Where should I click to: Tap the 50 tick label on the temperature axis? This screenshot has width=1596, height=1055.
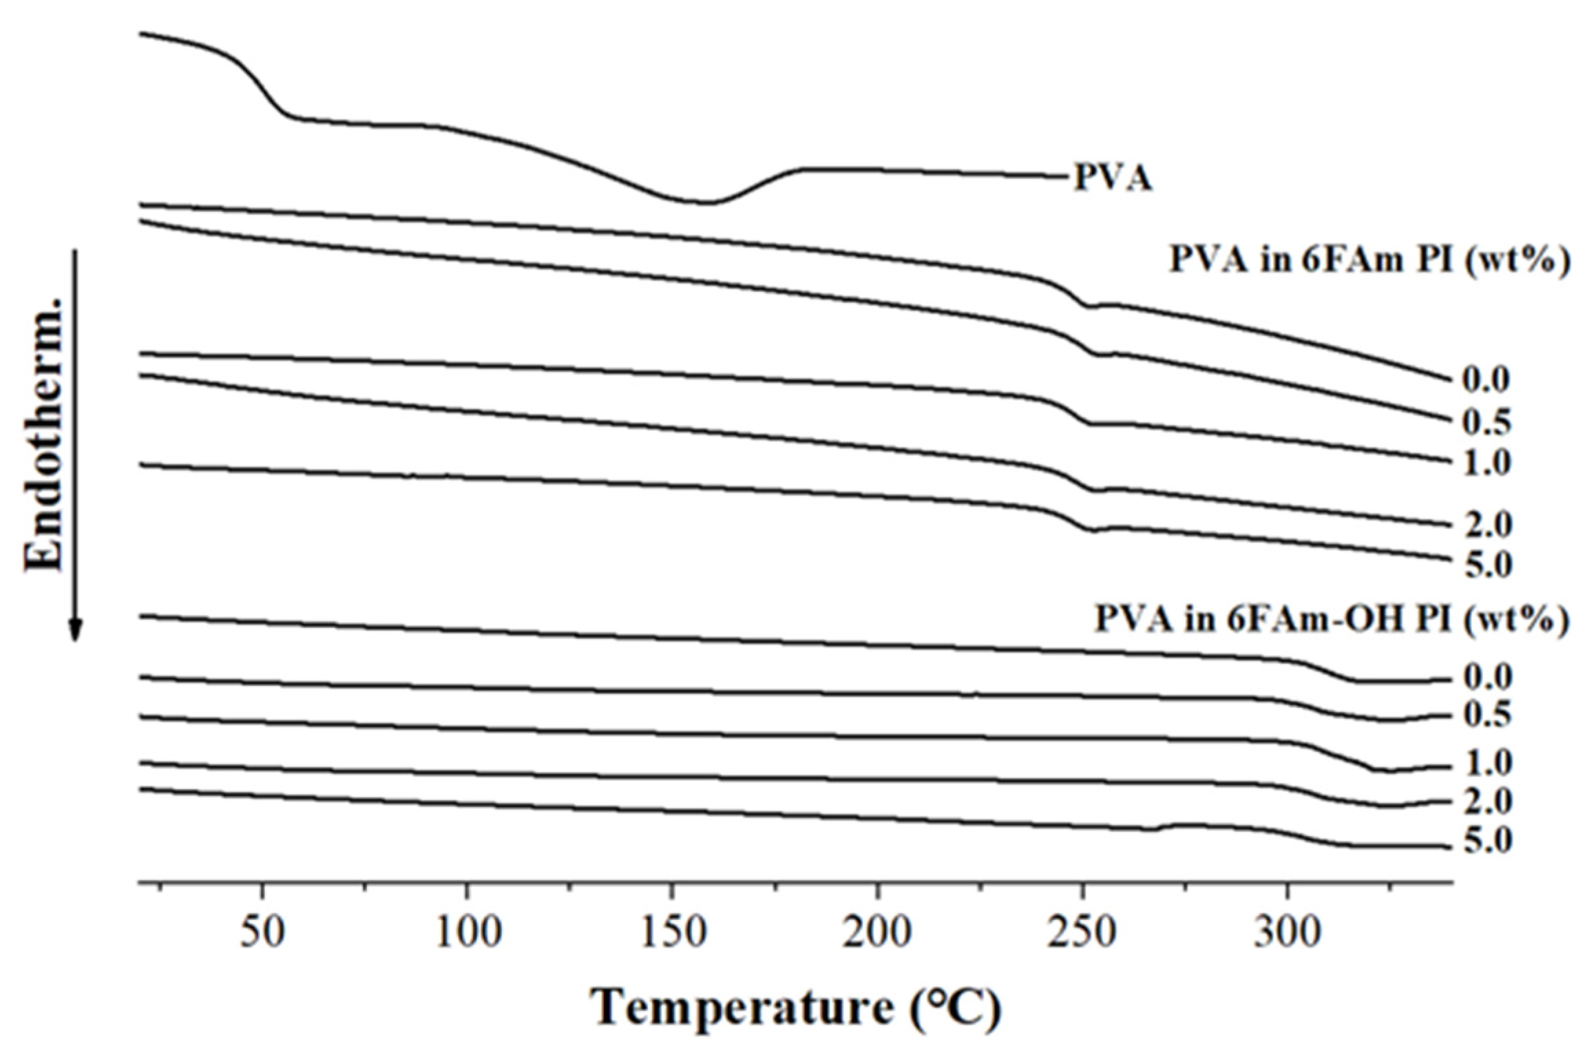click(262, 933)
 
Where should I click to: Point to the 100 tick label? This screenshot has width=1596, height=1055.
click(468, 933)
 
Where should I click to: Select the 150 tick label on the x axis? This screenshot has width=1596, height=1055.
click(672, 933)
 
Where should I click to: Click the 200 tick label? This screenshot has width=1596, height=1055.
click(877, 933)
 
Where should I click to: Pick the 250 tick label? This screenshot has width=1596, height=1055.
click(1082, 933)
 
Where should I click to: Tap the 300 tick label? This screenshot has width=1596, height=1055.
click(1287, 933)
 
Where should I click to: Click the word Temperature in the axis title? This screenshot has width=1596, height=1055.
click(741, 1007)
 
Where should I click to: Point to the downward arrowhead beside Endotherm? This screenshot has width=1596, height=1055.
click(76, 629)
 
